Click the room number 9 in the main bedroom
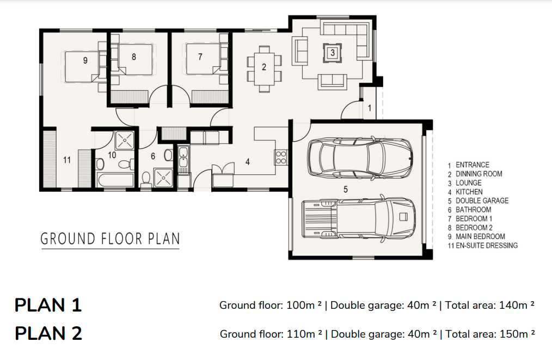point(85,60)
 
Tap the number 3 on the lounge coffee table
point(332,53)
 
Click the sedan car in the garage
point(360,157)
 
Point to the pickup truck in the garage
point(358,218)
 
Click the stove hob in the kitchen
point(281,157)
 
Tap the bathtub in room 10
point(115,180)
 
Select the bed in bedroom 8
point(132,59)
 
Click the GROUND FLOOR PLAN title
point(110,239)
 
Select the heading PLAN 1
point(48,305)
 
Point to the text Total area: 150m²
point(490,334)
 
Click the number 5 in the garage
point(345,190)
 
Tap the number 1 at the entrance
point(369,108)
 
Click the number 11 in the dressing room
point(67,160)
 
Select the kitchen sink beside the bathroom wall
point(183,157)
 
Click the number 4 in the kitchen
point(248,162)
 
